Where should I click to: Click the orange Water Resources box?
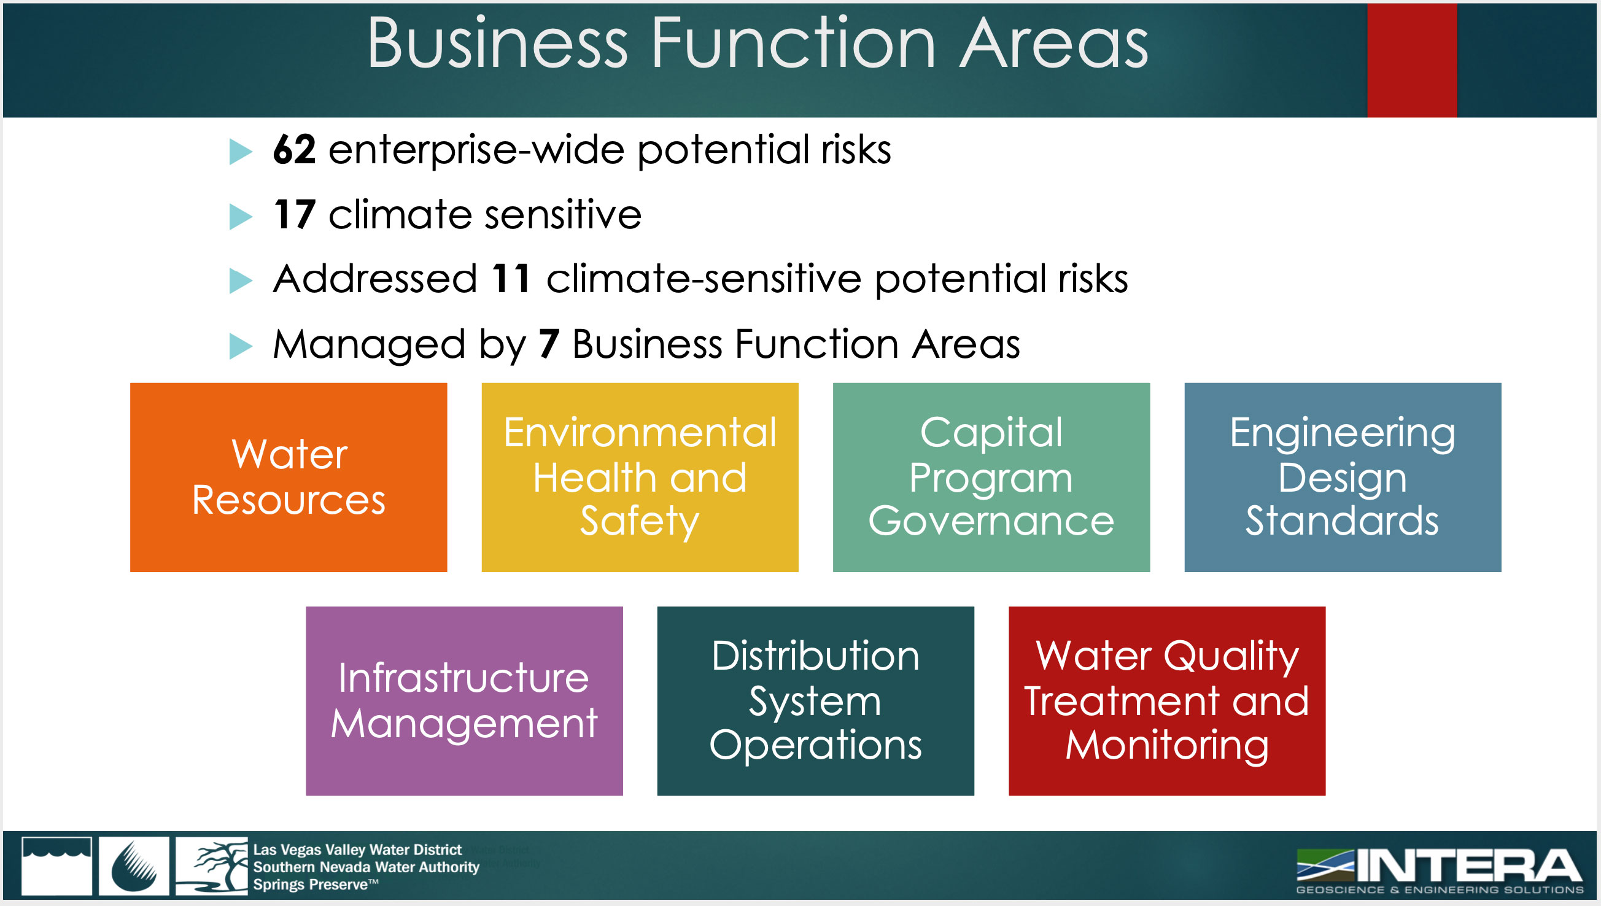[288, 478]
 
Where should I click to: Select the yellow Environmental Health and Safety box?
[640, 478]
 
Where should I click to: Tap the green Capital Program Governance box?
[991, 478]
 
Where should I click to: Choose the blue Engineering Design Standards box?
[1343, 478]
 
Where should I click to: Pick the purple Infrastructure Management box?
[464, 700]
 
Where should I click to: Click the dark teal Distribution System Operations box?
[816, 700]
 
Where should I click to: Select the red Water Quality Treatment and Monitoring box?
[1167, 700]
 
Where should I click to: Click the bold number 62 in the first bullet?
[294, 150]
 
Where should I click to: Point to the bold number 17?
[294, 215]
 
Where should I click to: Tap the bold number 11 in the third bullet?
[511, 278]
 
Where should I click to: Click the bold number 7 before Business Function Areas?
[549, 344]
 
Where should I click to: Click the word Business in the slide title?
[498, 44]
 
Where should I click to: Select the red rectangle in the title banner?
[1412, 60]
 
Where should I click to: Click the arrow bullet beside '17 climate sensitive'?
[241, 217]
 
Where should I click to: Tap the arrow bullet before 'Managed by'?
[241, 346]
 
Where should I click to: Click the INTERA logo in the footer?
[1439, 871]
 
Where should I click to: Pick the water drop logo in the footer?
[134, 865]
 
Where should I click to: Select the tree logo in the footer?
[212, 865]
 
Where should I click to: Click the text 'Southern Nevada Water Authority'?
[366, 867]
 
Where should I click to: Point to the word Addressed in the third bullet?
[375, 278]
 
